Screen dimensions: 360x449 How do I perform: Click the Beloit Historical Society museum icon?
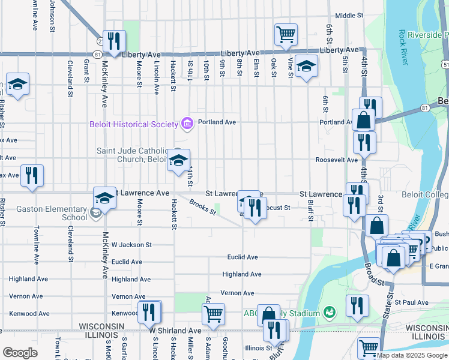pos(187,124)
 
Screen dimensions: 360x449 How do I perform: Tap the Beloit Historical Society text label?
pos(134,124)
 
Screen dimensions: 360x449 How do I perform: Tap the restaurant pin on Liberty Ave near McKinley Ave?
pos(113,41)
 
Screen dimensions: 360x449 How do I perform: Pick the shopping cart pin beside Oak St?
pos(286,34)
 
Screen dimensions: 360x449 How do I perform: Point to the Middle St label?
pos(349,16)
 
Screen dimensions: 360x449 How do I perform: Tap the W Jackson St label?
pos(131,245)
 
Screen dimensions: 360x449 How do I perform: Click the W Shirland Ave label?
pos(175,331)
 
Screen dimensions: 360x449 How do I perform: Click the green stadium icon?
pos(328,312)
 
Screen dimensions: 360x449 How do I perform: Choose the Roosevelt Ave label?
pos(337,160)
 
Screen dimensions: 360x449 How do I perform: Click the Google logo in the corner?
pos(19,353)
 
